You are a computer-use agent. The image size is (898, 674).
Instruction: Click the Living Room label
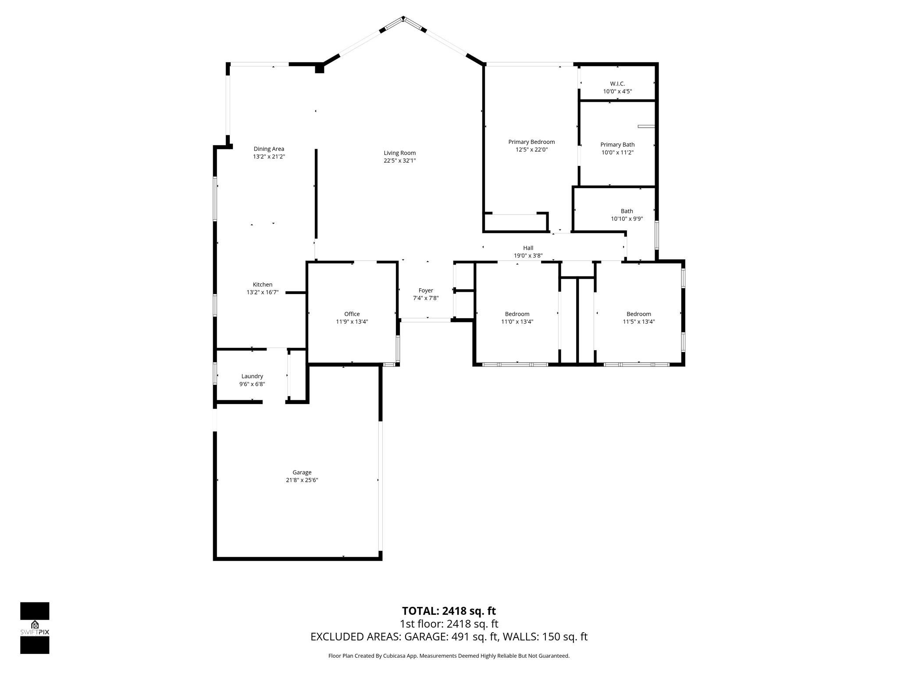click(399, 153)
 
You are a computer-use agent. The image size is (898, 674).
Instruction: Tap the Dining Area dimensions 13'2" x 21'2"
click(269, 157)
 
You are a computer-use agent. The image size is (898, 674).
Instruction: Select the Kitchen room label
click(262, 284)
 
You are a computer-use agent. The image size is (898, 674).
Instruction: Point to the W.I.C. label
click(617, 83)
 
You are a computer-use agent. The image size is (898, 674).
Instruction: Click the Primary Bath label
click(617, 144)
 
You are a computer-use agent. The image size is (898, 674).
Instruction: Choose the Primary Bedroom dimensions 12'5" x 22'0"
click(531, 150)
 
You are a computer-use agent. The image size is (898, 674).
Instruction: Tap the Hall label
click(528, 248)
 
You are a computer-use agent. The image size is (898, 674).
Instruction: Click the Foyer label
click(426, 290)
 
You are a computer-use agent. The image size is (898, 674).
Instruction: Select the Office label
click(352, 314)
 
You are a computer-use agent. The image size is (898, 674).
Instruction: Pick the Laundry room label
click(252, 376)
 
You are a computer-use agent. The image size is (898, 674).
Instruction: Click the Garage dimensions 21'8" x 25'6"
click(302, 480)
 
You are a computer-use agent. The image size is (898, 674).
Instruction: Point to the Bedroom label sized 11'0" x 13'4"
click(517, 314)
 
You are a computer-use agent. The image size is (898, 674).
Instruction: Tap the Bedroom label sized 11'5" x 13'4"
click(638, 314)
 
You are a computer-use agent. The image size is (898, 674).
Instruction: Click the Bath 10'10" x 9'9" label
click(627, 211)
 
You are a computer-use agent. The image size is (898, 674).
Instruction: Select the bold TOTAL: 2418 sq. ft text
click(449, 611)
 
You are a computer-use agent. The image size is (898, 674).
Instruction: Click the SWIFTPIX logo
click(35, 627)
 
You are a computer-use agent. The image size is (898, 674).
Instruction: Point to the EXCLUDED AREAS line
click(449, 637)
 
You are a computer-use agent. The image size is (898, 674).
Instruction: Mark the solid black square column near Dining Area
click(319, 68)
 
